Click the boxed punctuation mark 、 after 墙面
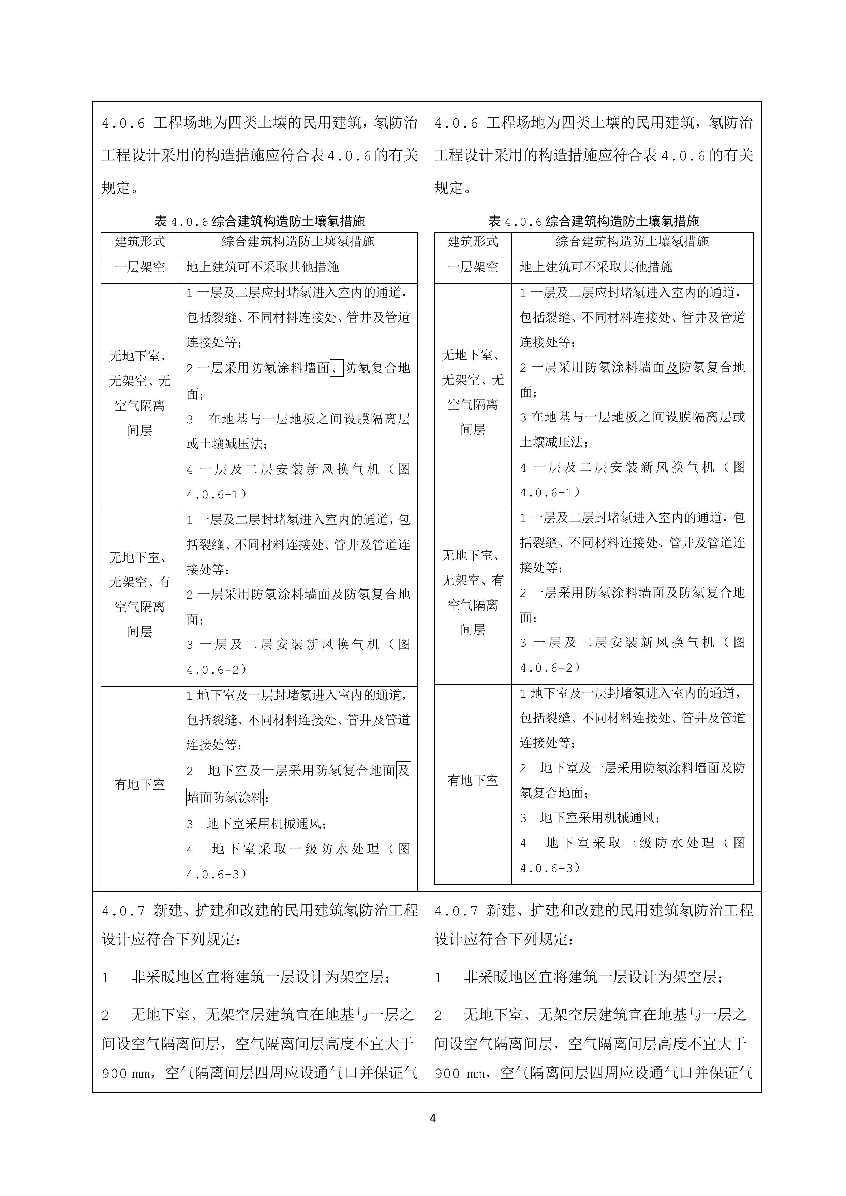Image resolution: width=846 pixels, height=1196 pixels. click(337, 368)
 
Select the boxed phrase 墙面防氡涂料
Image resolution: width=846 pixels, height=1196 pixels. click(225, 797)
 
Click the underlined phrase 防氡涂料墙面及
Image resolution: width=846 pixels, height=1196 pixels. click(688, 768)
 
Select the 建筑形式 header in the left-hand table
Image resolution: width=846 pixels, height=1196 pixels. click(139, 242)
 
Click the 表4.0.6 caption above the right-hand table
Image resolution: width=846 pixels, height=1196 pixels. click(593, 221)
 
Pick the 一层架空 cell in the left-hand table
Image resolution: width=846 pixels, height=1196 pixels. click(139, 267)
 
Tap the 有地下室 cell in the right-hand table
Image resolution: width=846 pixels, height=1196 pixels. click(473, 780)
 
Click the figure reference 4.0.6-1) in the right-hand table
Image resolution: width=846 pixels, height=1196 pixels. click(550, 492)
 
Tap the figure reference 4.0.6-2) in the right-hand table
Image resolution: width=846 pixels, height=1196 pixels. click(550, 667)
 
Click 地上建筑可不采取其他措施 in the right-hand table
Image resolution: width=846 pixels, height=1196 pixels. click(596, 267)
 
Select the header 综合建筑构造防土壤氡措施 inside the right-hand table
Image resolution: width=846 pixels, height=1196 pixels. click(632, 242)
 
